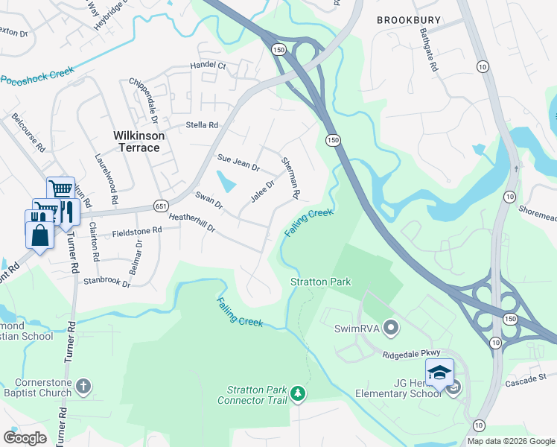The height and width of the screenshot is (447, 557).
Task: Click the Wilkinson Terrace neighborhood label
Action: [136, 142]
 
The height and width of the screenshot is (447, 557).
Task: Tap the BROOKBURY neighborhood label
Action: [408, 20]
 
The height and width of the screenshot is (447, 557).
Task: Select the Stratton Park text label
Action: [320, 282]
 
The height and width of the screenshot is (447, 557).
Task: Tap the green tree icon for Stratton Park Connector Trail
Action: [298, 393]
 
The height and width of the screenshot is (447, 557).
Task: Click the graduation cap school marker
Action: [439, 372]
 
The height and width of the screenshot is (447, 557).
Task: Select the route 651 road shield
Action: [162, 206]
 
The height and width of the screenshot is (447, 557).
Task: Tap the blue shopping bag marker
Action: [39, 235]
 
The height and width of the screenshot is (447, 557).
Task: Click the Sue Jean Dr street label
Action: [238, 162]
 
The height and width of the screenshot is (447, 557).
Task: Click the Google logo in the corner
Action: [25, 437]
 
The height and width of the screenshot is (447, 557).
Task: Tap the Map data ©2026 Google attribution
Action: [510, 441]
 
